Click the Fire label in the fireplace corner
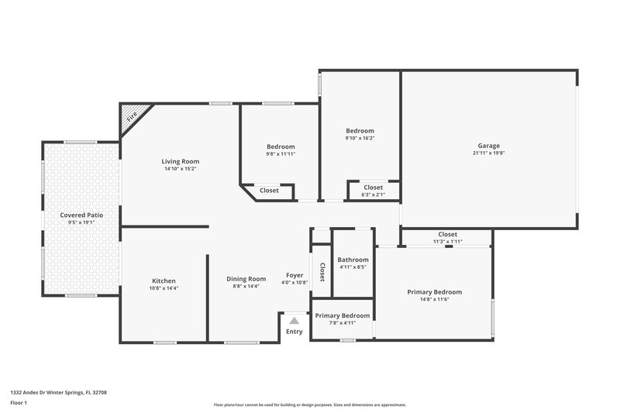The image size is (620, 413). coord(132,117)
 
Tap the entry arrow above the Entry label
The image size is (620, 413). coord(294,320)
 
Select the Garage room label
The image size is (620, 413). coord(488,146)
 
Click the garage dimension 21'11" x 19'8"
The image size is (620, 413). coord(488,153)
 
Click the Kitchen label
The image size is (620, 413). coord(164,280)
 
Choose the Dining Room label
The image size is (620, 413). coord(246,279)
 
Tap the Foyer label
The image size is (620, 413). coord(294,275)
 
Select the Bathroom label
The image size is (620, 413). coord(353,260)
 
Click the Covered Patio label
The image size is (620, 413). coord(81,215)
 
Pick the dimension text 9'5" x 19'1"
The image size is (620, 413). coord(81,222)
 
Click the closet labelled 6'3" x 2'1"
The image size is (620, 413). coord(373,194)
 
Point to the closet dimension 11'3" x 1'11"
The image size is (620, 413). coord(447,242)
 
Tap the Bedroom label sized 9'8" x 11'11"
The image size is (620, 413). coord(281,146)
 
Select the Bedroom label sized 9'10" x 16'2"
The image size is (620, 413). coord(360,131)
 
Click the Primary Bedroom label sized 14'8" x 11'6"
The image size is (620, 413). coord(434,292)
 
